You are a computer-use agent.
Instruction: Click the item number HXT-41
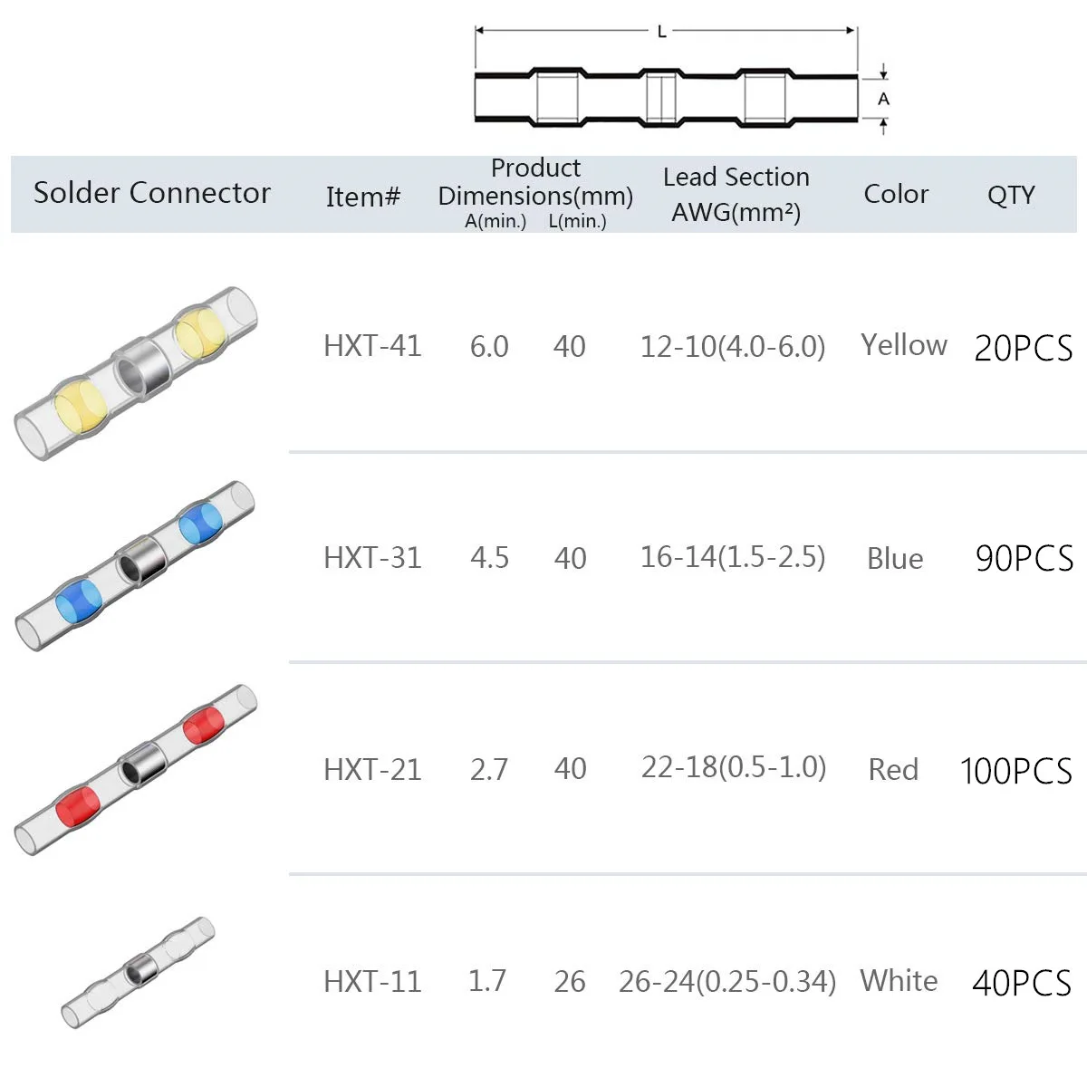tap(372, 346)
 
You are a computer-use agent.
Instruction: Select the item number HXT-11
tap(372, 981)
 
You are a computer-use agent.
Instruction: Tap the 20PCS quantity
tap(1023, 348)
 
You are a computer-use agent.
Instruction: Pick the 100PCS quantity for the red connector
tap(1015, 771)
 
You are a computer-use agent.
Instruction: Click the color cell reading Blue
tap(895, 559)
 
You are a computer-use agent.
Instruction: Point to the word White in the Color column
tap(899, 980)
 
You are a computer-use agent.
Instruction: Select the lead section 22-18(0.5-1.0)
tap(734, 768)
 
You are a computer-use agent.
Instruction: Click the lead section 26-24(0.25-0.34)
tap(727, 981)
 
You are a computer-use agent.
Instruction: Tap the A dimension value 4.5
tap(489, 558)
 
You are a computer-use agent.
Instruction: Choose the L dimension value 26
tap(570, 981)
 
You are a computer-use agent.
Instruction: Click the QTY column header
tap(1011, 195)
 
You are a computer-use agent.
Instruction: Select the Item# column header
tap(363, 197)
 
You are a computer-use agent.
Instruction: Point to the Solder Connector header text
tap(152, 193)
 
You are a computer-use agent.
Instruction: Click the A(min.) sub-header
tap(495, 222)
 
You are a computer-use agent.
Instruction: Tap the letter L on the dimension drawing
tap(662, 32)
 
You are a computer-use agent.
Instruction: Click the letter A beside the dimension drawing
tap(884, 99)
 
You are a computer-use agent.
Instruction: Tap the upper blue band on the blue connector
tap(200, 524)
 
